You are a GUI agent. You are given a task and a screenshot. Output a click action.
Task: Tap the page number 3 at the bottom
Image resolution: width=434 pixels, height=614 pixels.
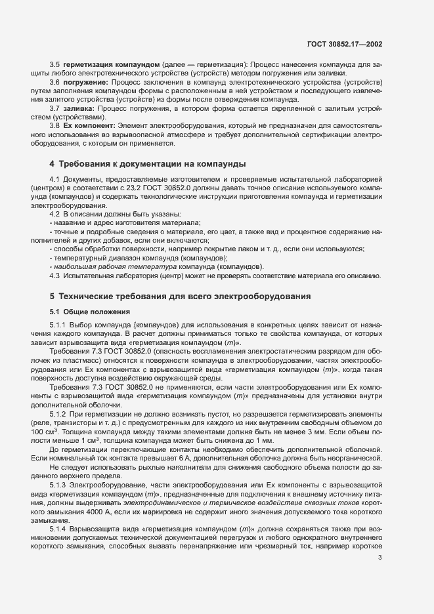(380, 558)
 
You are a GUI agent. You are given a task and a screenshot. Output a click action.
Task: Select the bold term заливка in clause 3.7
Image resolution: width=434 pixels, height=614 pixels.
(80, 107)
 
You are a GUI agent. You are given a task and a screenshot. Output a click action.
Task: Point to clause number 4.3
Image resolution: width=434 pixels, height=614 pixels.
(55, 276)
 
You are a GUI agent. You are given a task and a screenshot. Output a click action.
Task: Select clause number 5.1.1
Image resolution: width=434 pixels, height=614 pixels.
(58, 325)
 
